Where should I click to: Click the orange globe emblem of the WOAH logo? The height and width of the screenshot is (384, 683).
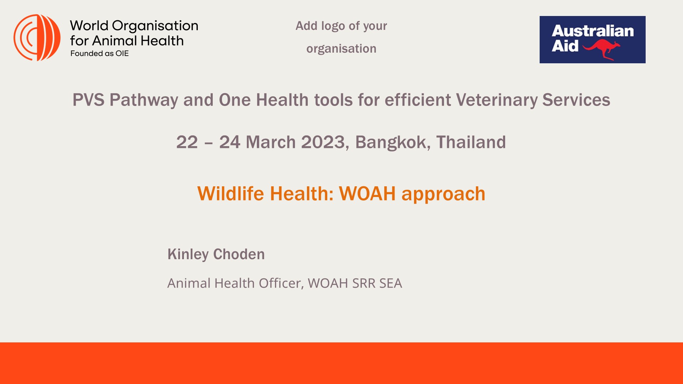37,38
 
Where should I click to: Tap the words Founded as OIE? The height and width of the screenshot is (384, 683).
100,54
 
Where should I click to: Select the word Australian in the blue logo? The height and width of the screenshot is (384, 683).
593,31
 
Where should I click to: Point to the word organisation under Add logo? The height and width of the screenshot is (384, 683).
341,49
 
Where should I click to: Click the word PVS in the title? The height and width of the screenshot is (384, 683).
89,100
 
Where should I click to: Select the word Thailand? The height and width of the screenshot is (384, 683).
471,142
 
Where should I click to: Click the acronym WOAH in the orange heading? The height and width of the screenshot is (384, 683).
367,194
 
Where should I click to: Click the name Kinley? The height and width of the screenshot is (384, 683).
188,255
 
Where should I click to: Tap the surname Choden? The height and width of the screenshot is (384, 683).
239,255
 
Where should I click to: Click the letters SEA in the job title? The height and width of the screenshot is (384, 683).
391,283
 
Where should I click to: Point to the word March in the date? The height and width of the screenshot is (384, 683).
271,142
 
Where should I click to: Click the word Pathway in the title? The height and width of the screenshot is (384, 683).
144,100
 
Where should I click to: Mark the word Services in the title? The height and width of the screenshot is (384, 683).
576,100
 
